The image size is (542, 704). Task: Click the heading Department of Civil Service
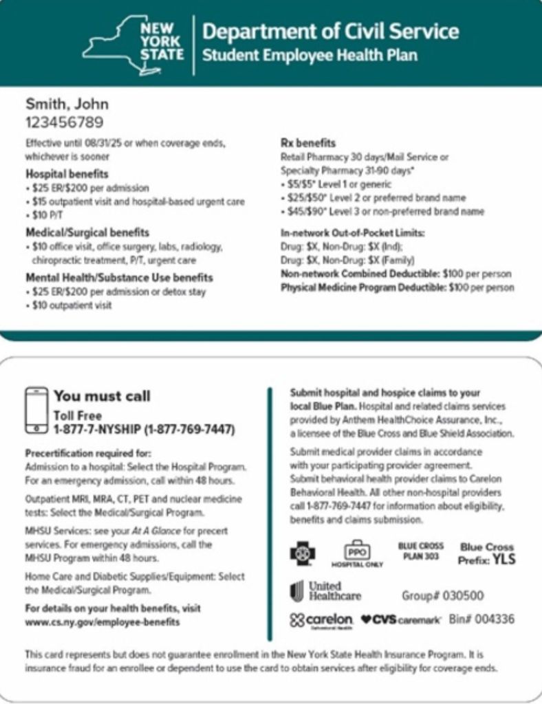coord(330,32)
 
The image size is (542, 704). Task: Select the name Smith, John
coord(67,104)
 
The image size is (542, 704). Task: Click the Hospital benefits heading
coord(67,174)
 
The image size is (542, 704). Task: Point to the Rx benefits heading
coord(308,144)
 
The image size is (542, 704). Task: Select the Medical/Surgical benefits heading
coord(87,233)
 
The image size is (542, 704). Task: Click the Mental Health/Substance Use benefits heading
coord(119,278)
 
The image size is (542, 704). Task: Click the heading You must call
coord(102,396)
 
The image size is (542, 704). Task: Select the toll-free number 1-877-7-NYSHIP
coord(144,430)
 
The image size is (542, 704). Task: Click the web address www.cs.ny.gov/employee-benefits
coord(102,622)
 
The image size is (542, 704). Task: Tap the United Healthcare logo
coord(326,591)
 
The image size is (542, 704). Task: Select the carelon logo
coord(322,620)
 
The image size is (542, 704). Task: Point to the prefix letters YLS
coord(503,559)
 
